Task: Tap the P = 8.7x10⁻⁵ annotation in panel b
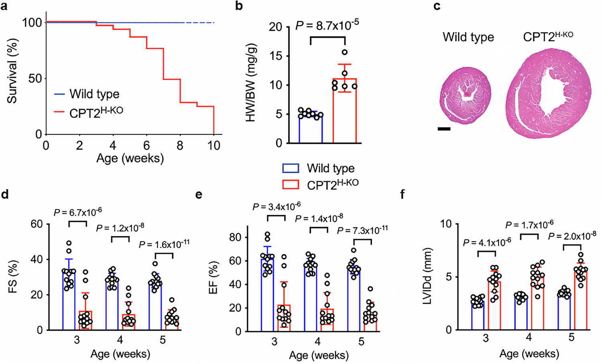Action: [327, 25]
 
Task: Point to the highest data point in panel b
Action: [345, 52]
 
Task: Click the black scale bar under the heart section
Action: [444, 129]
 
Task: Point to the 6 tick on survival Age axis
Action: [147, 145]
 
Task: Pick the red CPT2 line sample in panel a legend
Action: [59, 113]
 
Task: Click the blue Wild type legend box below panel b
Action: [291, 168]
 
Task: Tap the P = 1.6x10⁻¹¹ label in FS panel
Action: [164, 244]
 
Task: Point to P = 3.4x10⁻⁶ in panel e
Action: [277, 207]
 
